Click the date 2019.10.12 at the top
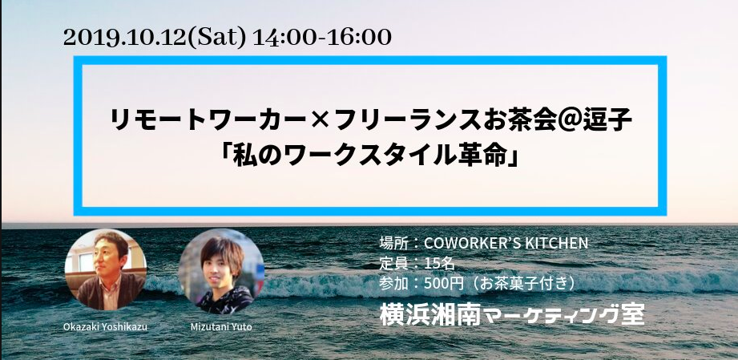coord(125,38)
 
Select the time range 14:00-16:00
coord(322,38)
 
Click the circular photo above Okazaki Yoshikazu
coord(106,269)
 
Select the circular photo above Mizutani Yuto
coord(221,272)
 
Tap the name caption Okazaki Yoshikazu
coord(106,326)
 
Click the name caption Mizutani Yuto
coord(222,326)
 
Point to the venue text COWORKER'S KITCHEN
coord(506,243)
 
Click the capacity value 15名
coord(440,264)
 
